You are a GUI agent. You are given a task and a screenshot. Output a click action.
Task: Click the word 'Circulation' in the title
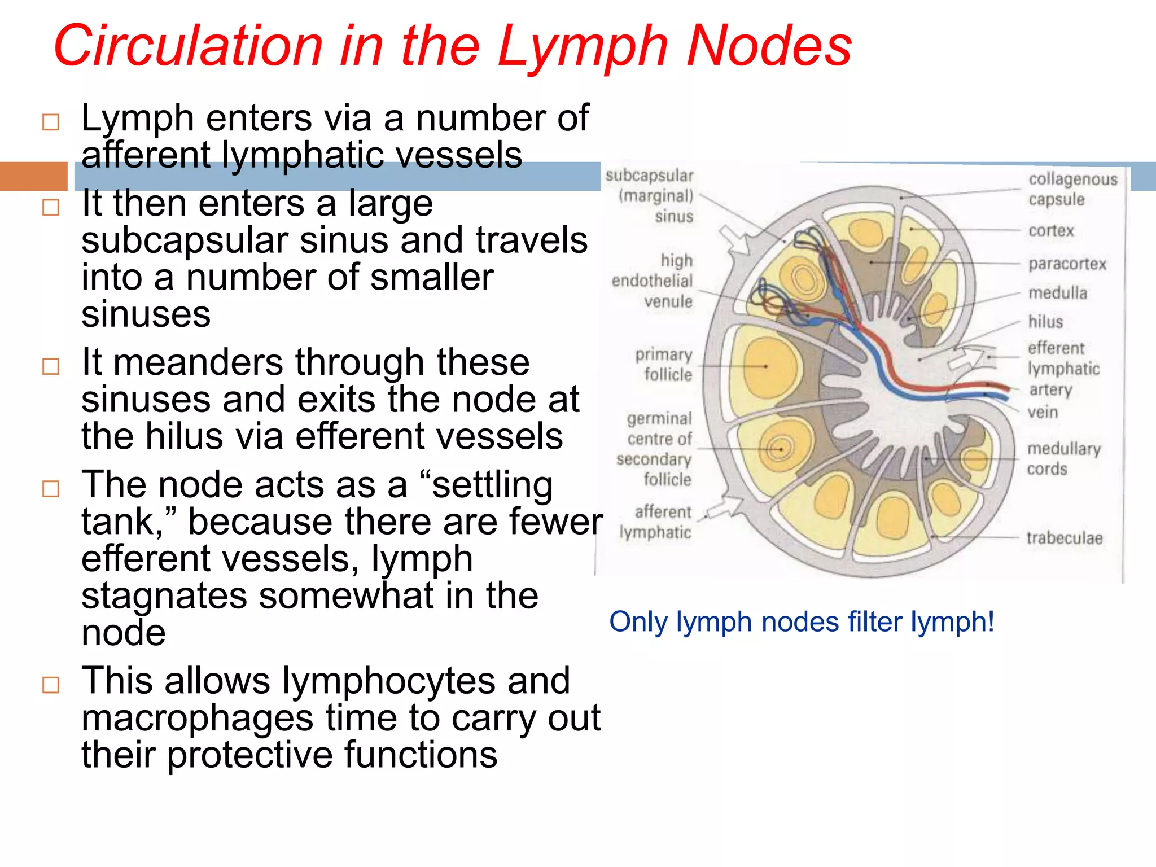click(x=189, y=46)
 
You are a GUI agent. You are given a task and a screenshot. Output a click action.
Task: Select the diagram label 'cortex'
click(x=1051, y=231)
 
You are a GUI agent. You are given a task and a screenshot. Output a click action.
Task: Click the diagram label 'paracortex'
click(x=1067, y=264)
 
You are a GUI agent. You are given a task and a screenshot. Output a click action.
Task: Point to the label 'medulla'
click(x=1057, y=293)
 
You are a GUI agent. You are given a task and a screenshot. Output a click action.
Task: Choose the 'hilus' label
click(x=1045, y=322)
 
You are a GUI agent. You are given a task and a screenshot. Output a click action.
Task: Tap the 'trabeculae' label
click(x=1064, y=538)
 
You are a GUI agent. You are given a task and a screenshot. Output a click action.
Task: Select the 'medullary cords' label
click(x=1063, y=458)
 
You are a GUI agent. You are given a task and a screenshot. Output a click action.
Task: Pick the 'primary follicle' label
click(x=664, y=365)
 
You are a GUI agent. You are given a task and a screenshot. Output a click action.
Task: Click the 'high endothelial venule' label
click(x=653, y=281)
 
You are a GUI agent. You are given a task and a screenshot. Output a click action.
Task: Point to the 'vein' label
click(x=1042, y=412)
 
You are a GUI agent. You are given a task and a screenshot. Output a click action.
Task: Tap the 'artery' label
click(x=1050, y=390)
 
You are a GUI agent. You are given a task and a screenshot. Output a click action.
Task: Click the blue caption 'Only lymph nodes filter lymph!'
click(x=801, y=622)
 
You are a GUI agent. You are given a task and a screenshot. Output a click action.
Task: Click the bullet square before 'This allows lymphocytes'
click(x=51, y=685)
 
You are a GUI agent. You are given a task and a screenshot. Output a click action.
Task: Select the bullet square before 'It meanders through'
click(x=51, y=367)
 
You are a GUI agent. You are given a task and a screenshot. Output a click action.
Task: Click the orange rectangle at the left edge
click(x=33, y=176)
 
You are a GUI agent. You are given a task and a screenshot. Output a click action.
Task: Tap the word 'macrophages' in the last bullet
click(x=197, y=718)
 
